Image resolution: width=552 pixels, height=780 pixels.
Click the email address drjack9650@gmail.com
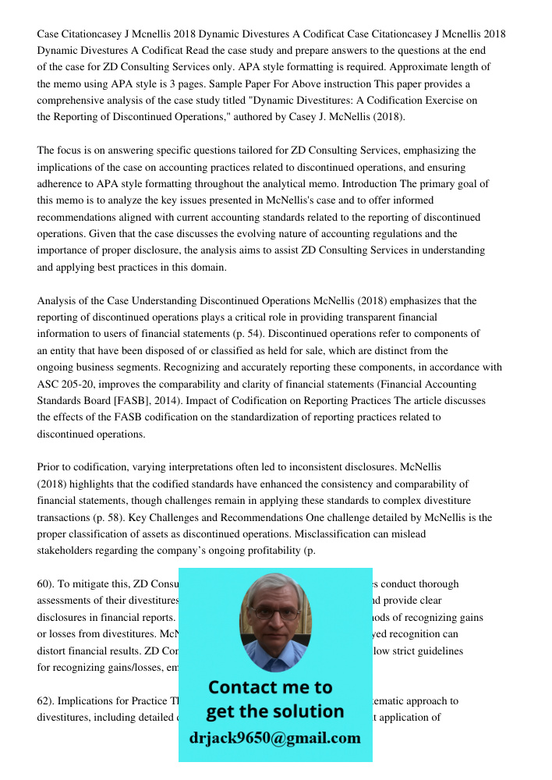(x=275, y=738)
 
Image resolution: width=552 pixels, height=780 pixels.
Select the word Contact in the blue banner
(x=245, y=687)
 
